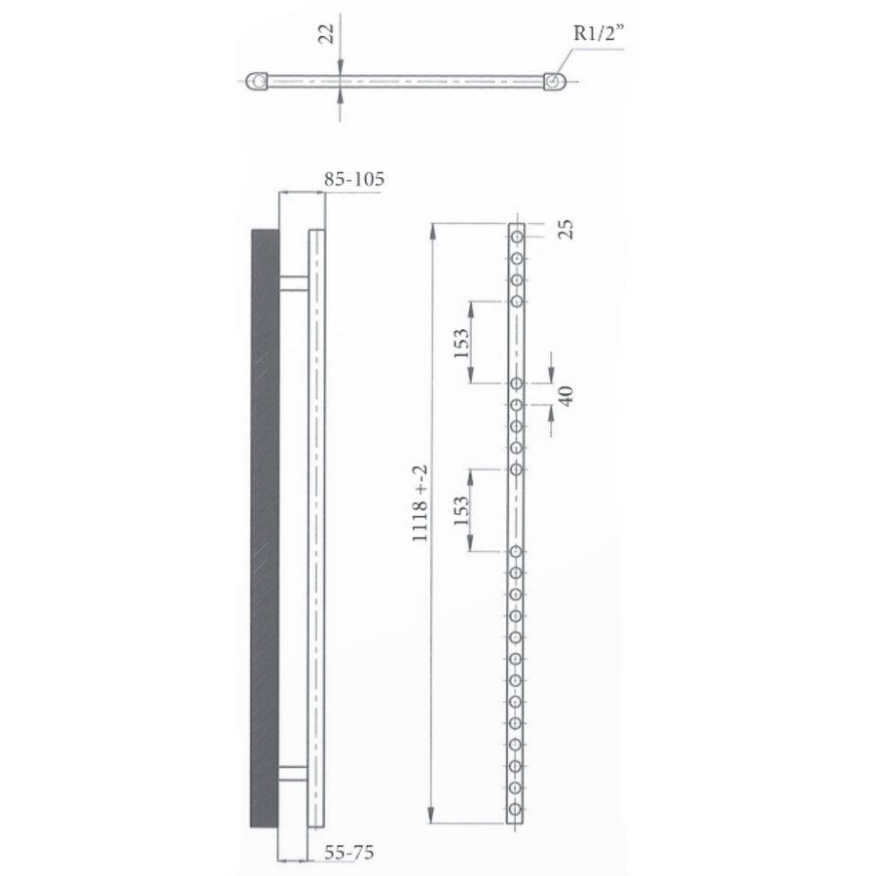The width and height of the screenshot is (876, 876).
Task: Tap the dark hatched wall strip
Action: pos(265,529)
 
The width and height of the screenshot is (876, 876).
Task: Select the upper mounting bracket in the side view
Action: pos(294,283)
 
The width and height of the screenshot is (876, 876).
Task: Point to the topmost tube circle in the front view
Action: pos(517,236)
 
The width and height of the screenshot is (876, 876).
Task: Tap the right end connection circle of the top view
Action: pos(553,82)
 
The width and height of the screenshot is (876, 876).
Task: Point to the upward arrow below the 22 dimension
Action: pos(339,96)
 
